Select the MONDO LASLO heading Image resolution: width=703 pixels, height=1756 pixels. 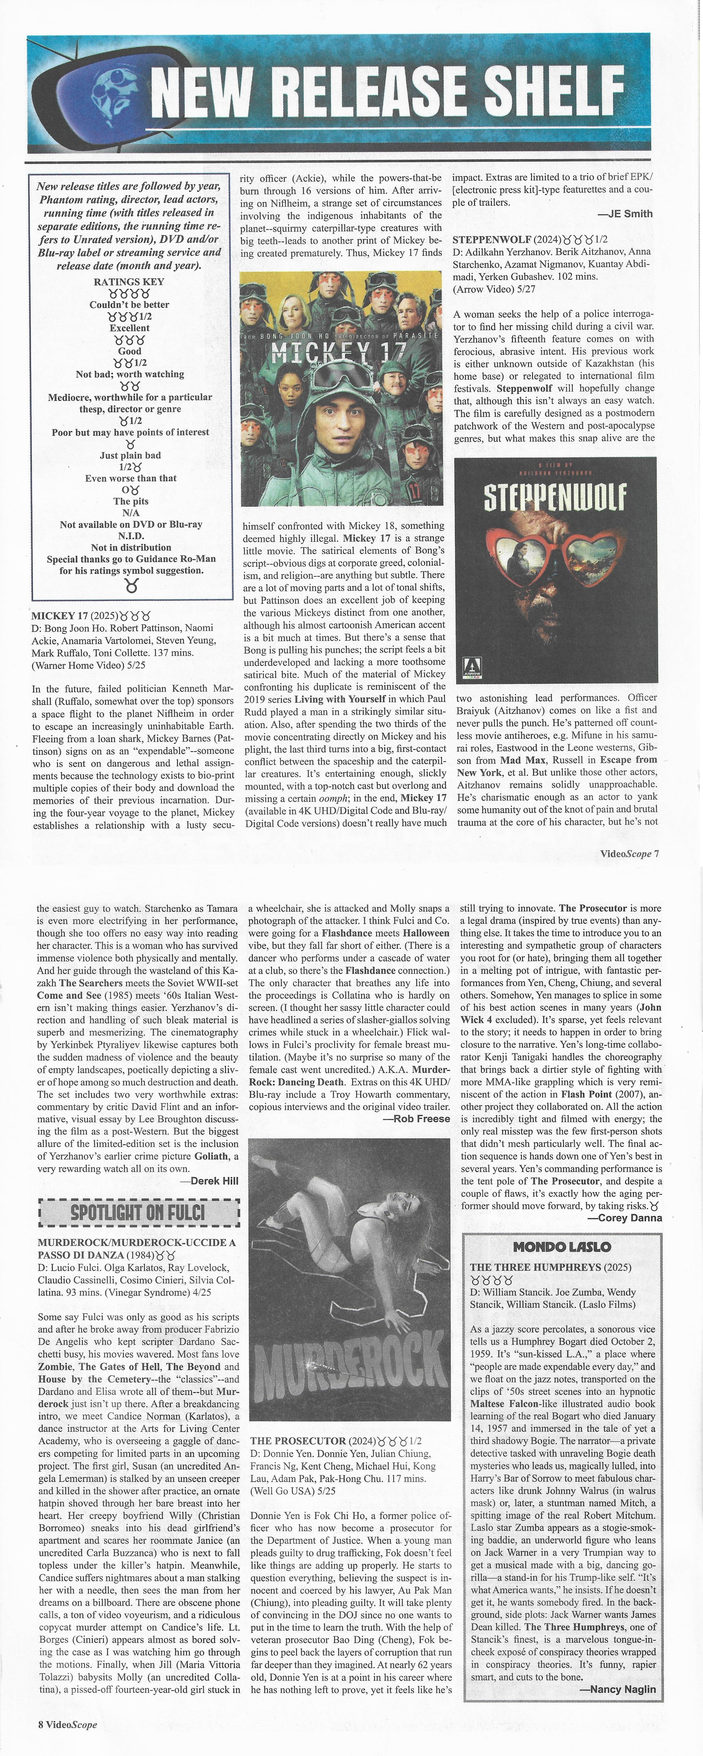click(x=562, y=1246)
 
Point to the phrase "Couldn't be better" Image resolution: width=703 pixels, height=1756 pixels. click(x=130, y=305)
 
